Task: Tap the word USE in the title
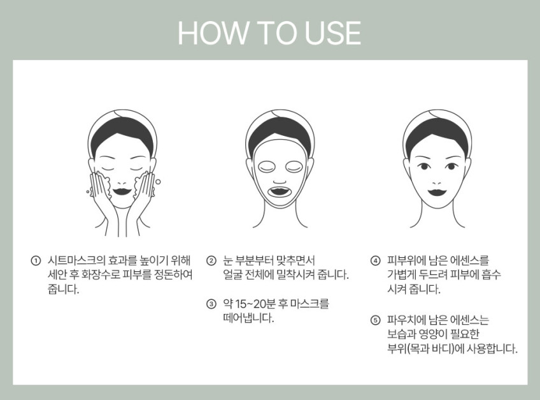pos(332,33)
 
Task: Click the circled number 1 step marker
pos(36,260)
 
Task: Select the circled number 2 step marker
pos(211,260)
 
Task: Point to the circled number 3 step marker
pos(211,304)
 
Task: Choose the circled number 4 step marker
pos(375,260)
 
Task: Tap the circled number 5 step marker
pos(375,321)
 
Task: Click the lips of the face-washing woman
pos(122,191)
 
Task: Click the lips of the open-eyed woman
pos(437,191)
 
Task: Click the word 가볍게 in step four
pos(402,275)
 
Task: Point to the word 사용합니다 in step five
pos(492,349)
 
